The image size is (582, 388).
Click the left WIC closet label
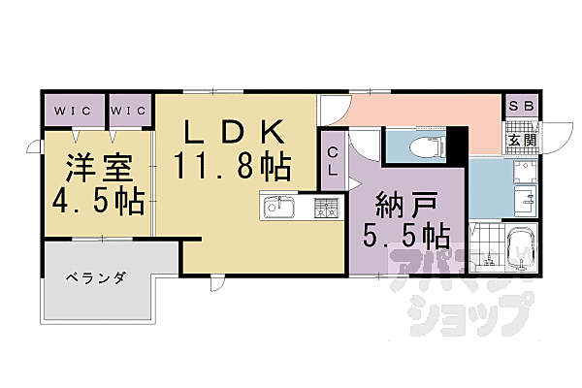coord(73,111)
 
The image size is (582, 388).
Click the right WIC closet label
coord(128,111)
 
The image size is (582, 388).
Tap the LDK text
coord(235,132)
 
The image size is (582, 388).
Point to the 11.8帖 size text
coord(232,167)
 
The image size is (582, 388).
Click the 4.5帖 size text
coord(98,202)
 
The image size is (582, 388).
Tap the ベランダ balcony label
coord(96,277)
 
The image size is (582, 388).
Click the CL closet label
coord(333,162)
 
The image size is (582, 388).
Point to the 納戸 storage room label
coord(405,206)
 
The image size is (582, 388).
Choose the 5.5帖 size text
coord(406,236)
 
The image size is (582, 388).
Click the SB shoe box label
coord(522,106)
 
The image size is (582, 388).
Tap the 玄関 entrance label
coord(522,140)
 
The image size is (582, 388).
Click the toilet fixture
coord(428,147)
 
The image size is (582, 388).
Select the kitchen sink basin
coord(279,208)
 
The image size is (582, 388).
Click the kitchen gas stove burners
coord(327,208)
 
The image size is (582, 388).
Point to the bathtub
coord(521,248)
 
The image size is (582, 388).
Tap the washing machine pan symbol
coord(525,171)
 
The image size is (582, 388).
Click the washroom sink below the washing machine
coord(526,201)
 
